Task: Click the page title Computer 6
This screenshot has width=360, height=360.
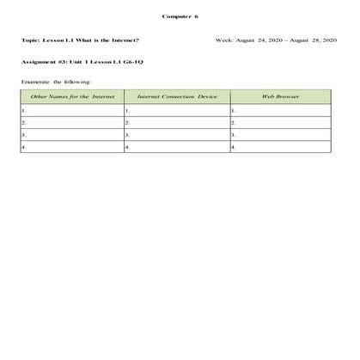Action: pyautogui.click(x=180, y=16)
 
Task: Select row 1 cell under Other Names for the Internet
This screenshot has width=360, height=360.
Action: pyautogui.click(x=71, y=111)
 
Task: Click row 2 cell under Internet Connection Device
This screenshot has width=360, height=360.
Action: pyautogui.click(x=177, y=123)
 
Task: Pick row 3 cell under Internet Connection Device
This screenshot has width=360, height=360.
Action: pyautogui.click(x=177, y=135)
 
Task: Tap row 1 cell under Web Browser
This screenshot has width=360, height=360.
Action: pyautogui.click(x=282, y=111)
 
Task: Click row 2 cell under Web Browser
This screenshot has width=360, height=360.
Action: pyautogui.click(x=282, y=123)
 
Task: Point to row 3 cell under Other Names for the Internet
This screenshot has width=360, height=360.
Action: pyautogui.click(x=71, y=135)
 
